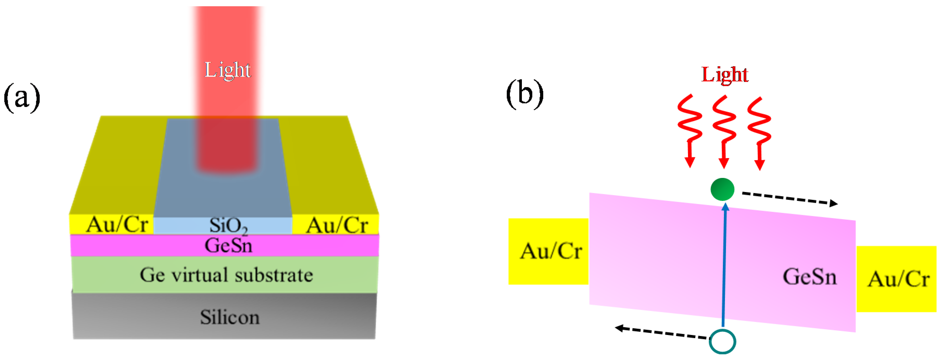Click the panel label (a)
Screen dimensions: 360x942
[22, 98]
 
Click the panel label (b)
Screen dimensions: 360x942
[525, 94]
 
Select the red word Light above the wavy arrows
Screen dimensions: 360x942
[724, 75]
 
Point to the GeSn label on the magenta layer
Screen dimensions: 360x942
[229, 245]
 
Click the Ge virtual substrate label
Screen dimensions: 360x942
[226, 275]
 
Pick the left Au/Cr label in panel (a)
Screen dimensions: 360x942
[117, 224]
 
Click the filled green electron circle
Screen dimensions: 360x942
[722, 189]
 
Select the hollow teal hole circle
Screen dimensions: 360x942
[722, 341]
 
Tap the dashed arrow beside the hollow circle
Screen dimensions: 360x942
[662, 332]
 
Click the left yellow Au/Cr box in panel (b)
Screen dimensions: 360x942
[548, 251]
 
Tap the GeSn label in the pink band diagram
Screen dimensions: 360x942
[810, 277]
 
